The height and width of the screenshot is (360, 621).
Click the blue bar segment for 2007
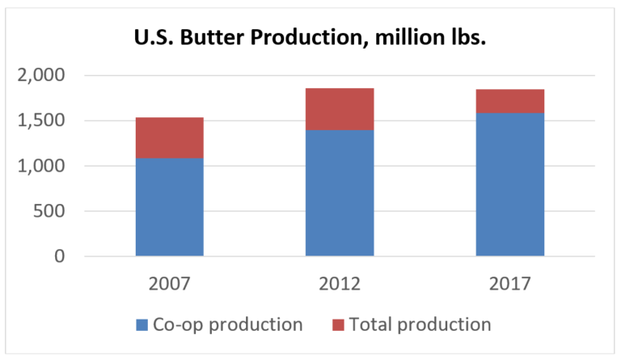pos(170,207)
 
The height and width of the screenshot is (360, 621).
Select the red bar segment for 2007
pos(170,138)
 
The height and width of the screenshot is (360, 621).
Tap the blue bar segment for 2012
pos(340,193)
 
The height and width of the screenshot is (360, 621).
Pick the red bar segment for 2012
pos(340,109)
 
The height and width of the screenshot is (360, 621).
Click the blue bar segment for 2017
pos(510,184)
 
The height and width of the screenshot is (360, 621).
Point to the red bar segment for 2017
pos(510,101)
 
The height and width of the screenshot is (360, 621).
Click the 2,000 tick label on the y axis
pos(41,75)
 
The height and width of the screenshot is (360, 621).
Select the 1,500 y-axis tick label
pos(41,121)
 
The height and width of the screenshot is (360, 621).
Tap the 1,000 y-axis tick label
pos(41,166)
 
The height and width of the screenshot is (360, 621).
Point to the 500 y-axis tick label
pos(49,211)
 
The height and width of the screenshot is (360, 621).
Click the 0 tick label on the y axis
pos(59,256)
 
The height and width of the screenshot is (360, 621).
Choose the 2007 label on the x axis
pos(170,284)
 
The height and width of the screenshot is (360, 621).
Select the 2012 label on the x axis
pos(340,284)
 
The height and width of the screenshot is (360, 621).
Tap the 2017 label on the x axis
pos(510,284)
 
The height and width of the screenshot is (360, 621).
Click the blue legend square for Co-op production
pos(142,325)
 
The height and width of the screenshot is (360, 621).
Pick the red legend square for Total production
pos(338,325)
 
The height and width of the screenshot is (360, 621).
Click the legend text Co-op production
pos(228,325)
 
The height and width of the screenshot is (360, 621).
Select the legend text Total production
pos(420,325)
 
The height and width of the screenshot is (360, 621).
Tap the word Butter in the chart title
pos(213,38)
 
